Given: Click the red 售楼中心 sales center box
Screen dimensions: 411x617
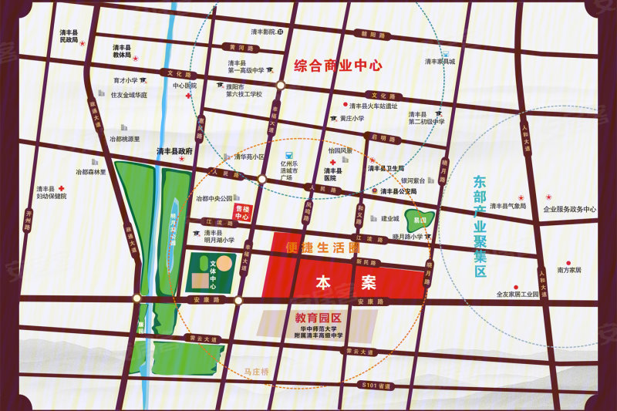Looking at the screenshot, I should [x=242, y=213].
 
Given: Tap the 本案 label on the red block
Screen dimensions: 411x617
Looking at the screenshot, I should [x=346, y=283].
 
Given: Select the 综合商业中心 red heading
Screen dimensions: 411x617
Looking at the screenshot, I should [x=339, y=66].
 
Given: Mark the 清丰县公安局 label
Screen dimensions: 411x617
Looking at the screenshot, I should [x=399, y=190].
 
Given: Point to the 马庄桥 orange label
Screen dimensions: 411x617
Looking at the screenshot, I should [x=255, y=372].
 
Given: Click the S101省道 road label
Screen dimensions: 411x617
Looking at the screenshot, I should [x=376, y=382].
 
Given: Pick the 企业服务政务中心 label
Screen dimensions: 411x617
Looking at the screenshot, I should [x=570, y=209].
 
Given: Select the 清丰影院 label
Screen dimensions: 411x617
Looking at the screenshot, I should [x=263, y=32].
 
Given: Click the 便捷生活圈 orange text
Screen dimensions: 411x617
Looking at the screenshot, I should [x=322, y=248].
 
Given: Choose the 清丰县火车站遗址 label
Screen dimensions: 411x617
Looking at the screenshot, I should [x=373, y=106].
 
